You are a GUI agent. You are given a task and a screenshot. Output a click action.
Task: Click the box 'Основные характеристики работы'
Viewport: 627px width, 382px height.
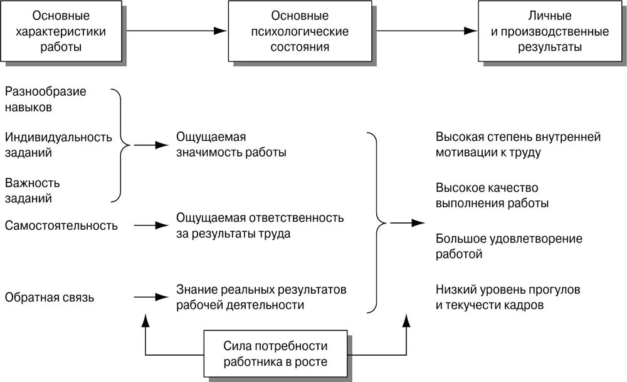click(x=61, y=31)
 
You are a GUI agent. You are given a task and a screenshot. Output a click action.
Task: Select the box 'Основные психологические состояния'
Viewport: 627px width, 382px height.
click(x=302, y=31)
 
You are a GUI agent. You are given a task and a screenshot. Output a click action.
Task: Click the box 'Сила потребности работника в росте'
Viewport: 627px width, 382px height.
click(x=276, y=354)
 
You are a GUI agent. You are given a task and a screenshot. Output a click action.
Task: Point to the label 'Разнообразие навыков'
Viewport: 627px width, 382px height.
click(x=45, y=99)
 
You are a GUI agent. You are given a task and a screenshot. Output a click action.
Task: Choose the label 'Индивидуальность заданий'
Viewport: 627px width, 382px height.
click(x=58, y=145)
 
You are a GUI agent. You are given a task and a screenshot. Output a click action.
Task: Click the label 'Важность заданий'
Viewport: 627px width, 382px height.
click(x=32, y=190)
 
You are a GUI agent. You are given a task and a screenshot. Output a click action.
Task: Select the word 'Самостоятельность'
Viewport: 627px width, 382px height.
click(x=61, y=225)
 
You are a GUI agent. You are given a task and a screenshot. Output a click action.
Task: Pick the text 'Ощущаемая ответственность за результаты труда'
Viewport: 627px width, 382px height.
click(x=260, y=225)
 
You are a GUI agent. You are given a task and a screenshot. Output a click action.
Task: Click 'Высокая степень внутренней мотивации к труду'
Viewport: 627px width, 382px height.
click(x=517, y=145)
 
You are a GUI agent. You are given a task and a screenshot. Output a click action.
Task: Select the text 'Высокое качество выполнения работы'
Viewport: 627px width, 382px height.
click(x=492, y=196)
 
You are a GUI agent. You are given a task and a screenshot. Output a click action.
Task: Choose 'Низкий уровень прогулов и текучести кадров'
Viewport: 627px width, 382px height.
click(x=507, y=298)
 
